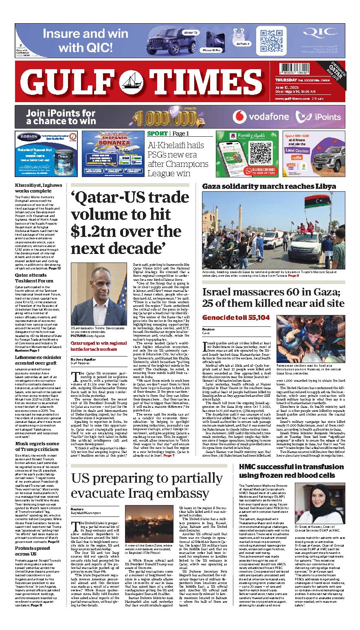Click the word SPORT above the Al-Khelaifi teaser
click(x=157, y=133)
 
